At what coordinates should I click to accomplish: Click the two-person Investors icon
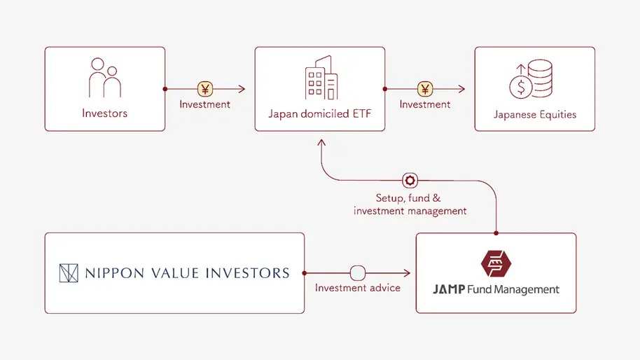click(x=104, y=78)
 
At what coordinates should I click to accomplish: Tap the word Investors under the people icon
click(x=105, y=113)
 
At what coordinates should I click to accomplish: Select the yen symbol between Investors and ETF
click(x=204, y=89)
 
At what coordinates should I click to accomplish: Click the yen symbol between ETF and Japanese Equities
click(x=425, y=89)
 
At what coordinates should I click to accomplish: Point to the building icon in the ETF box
click(x=321, y=78)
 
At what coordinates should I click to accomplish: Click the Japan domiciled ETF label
click(x=319, y=113)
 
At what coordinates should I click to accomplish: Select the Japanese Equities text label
click(x=535, y=114)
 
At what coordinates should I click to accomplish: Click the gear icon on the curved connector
click(x=410, y=180)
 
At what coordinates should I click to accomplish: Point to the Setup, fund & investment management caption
click(x=410, y=205)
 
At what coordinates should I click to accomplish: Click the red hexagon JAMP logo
click(x=496, y=263)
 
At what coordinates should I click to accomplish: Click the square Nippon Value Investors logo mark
click(x=69, y=273)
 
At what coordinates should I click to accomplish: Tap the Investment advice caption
click(x=358, y=288)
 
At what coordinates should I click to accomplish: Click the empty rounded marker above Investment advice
click(x=358, y=272)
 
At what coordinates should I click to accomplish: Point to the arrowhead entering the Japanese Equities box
click(x=461, y=89)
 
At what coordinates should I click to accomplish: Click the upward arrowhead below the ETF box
click(x=320, y=142)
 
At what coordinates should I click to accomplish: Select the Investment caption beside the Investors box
click(x=204, y=104)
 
